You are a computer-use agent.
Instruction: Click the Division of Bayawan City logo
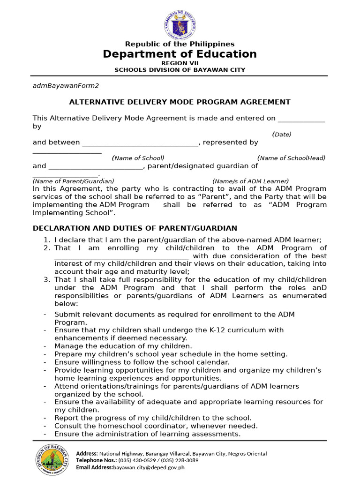[52, 460]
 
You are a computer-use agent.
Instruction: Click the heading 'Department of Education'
[180, 54]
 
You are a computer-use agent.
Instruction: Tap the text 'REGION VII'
[180, 63]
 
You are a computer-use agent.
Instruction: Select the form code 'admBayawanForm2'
[66, 86]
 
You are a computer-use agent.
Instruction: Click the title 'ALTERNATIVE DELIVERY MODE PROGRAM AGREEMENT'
[180, 102]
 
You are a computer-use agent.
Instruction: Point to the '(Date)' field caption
[282, 135]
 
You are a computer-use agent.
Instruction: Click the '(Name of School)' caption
[138, 158]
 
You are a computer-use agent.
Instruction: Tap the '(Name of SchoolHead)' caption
[291, 158]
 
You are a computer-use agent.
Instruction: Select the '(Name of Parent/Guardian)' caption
[73, 181]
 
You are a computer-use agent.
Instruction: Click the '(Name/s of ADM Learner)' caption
[250, 181]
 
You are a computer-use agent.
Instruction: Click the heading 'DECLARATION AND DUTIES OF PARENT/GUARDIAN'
[135, 228]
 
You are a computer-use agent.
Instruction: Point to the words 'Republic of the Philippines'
[180, 44]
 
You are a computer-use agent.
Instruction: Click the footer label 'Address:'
[87, 453]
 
